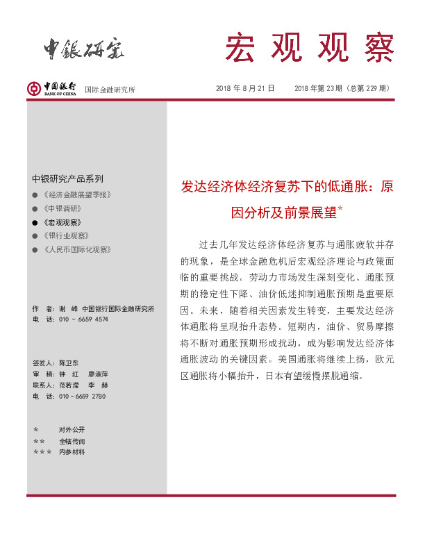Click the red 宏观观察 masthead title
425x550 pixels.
pos(309,47)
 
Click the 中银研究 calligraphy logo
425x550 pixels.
pos(84,47)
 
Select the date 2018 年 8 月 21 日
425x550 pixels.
pos(245,88)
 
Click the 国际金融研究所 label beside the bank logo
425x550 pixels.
pos(110,90)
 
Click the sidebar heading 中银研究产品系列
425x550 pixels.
pos(67,178)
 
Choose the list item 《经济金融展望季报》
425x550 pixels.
pos(76,195)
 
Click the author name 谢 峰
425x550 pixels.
pos(68,308)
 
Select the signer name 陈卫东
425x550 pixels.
pos(69,362)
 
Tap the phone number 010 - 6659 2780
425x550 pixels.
pos(82,396)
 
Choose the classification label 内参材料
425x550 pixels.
pos(72,452)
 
